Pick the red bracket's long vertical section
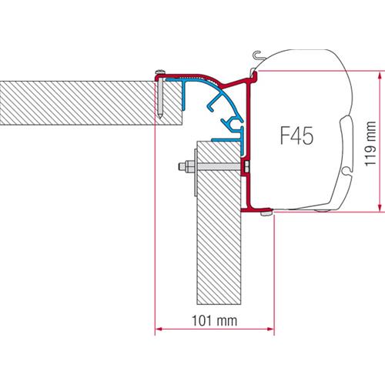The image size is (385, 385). click(248, 146)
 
